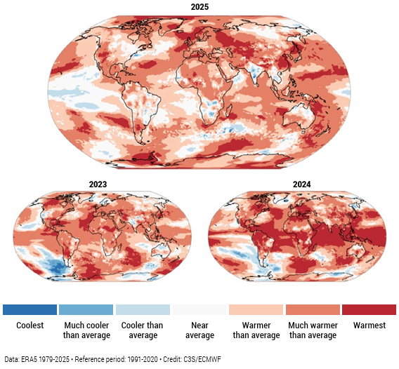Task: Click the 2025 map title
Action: click(x=199, y=6)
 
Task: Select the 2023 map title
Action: click(x=98, y=184)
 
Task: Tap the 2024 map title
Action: click(x=302, y=184)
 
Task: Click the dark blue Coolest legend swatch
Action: click(x=30, y=309)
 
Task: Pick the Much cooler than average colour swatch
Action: click(x=86, y=309)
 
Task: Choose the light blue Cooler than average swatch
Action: click(x=143, y=309)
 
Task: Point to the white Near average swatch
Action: click(x=199, y=309)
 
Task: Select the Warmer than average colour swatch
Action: click(x=256, y=309)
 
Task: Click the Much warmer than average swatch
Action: click(x=313, y=309)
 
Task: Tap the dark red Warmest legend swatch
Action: click(x=369, y=309)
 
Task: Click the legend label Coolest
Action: click(x=30, y=326)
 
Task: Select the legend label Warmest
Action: click(x=369, y=326)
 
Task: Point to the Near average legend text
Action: click(x=199, y=330)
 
